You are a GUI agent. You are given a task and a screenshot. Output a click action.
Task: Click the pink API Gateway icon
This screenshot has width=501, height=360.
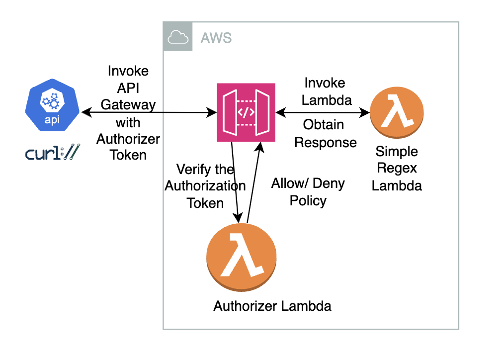(x=246, y=112)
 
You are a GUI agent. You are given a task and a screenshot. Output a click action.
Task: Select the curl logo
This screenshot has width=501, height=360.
(x=51, y=153)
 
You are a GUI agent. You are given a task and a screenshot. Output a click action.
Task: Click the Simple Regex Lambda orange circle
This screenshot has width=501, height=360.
(x=397, y=113)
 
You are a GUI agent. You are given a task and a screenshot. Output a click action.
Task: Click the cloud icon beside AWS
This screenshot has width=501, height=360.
(x=178, y=36)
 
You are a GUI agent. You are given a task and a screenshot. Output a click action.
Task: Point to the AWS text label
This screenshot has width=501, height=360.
(x=216, y=37)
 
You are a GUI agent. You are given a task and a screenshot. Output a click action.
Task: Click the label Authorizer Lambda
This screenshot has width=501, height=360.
(x=272, y=305)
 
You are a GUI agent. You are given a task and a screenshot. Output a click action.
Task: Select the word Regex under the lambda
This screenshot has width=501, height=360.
(x=397, y=169)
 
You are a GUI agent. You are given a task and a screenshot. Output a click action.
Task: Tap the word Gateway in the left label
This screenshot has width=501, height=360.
(x=128, y=105)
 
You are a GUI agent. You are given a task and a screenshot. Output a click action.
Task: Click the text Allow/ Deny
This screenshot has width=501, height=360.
(x=308, y=183)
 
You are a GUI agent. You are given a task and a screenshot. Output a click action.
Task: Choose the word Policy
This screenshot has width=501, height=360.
(x=308, y=200)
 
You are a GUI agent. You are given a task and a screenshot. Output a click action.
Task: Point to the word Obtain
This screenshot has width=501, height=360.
(x=325, y=124)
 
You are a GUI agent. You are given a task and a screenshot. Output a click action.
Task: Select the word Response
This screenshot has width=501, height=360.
(x=326, y=142)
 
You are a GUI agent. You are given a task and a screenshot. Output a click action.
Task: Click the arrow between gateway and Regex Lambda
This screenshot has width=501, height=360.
(x=323, y=112)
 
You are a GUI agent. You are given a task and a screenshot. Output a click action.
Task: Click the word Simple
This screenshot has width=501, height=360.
(x=397, y=152)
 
